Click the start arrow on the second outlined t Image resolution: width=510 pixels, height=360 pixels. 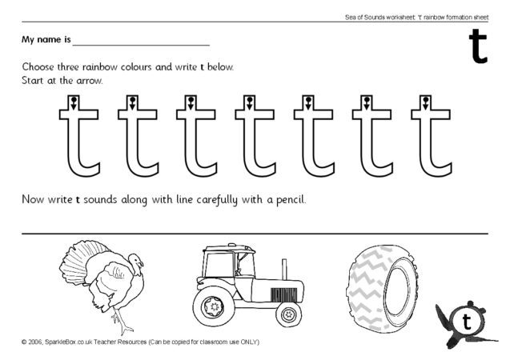131,102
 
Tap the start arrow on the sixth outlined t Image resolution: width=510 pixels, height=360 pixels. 367,102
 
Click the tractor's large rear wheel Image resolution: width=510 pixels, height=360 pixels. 215,305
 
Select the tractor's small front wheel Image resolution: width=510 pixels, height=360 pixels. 288,314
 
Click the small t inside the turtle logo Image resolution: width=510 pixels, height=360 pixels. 467,322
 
